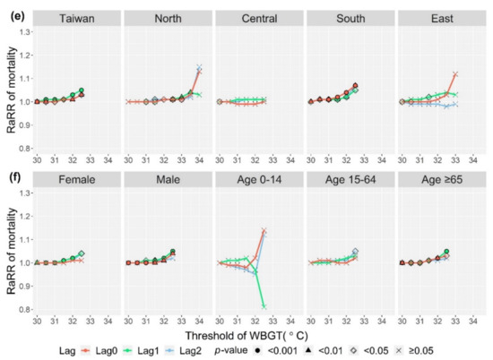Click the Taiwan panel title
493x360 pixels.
click(77, 19)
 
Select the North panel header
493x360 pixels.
click(168, 19)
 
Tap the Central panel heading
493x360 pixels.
click(259, 19)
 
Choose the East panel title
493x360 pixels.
click(442, 19)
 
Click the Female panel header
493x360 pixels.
click(77, 180)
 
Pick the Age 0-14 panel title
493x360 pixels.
click(259, 180)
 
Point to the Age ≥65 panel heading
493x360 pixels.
click(442, 180)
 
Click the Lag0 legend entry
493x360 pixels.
click(99, 350)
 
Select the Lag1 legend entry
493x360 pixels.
click(141, 350)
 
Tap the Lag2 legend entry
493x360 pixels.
click(183, 350)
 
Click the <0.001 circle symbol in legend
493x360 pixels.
click(257, 350)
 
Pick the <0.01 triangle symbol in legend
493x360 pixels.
click(308, 350)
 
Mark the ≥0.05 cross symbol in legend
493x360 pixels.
click(399, 350)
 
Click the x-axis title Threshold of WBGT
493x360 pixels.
click(246, 336)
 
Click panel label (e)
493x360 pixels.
click(17, 16)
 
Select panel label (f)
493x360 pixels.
click(16, 177)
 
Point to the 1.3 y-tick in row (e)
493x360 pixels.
click(25, 32)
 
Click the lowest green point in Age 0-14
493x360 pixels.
click(264, 306)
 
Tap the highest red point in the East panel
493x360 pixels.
click(455, 74)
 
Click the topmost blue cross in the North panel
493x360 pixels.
click(199, 67)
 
